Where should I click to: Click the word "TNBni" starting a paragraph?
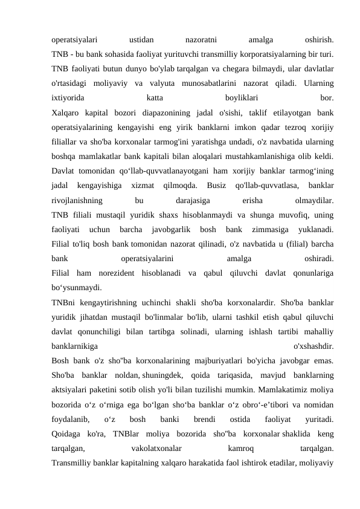point(64,300)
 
